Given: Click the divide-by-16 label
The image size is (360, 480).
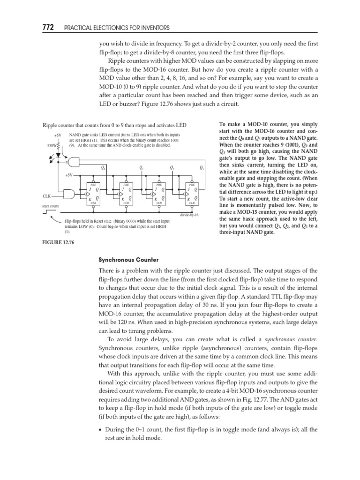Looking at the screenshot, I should coord(189,215).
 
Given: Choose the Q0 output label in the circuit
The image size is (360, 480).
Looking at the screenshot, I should coord(104,168).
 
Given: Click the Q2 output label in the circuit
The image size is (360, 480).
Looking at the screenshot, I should coord(172,168).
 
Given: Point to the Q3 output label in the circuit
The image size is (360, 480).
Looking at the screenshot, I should coord(202,168).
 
